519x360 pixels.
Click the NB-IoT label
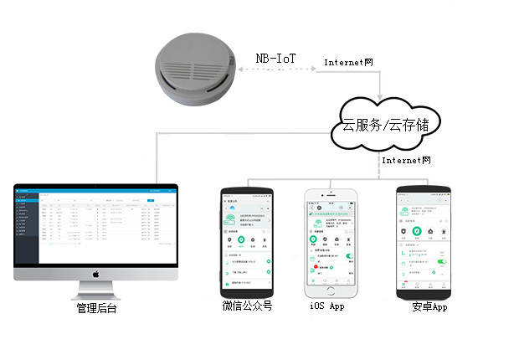275,59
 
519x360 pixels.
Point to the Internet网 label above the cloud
348,63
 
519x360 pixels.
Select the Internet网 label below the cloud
405,159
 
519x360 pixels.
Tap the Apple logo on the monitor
95,273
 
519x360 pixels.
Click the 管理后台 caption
95,309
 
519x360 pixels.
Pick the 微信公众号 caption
247,306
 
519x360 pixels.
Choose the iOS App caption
326,306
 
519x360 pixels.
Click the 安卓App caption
429,307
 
